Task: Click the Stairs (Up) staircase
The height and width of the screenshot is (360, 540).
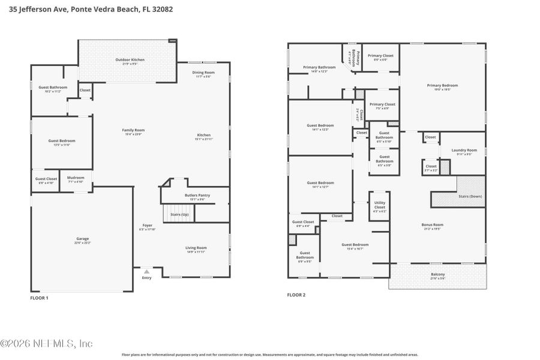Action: (179, 214)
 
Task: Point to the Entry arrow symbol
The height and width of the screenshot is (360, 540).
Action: (146, 272)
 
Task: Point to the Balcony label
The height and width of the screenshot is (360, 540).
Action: (437, 275)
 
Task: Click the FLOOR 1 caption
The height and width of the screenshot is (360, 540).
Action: (39, 298)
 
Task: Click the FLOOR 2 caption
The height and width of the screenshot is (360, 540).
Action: (296, 295)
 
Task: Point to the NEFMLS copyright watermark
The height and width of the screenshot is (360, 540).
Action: (46, 344)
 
